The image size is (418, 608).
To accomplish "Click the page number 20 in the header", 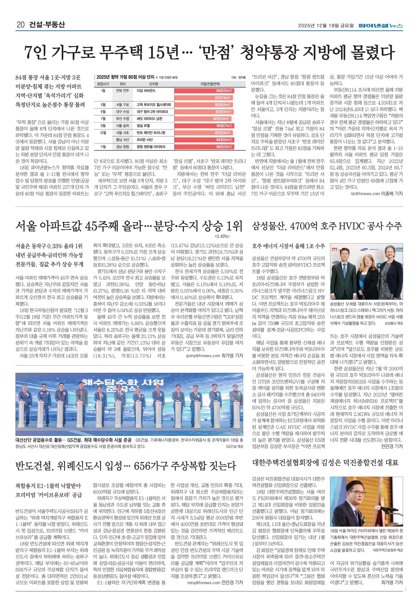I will tap(20, 25).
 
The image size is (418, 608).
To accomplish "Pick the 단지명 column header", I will tap(153, 84).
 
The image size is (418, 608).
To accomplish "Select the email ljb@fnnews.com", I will tap(365, 194).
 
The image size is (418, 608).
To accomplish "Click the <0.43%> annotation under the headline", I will tap(222, 236).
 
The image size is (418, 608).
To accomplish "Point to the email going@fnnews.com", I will tap(203, 356).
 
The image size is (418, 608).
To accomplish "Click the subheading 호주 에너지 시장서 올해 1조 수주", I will tap(288, 246).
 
